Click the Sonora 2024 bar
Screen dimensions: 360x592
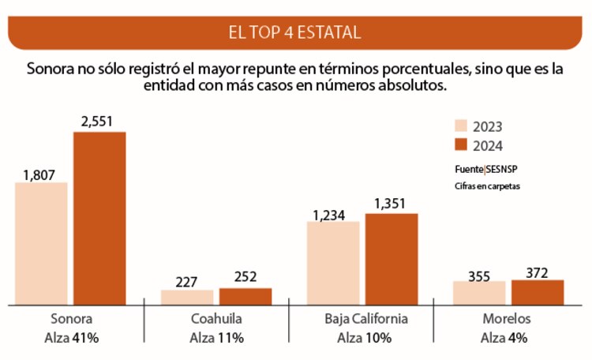pyautogui.click(x=99, y=218)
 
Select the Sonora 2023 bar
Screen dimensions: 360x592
pyautogui.click(x=41, y=243)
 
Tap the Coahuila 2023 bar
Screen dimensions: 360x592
pyautogui.click(x=187, y=297)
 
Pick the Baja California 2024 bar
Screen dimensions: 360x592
pyautogui.click(x=391, y=259)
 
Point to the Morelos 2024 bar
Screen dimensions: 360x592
pyautogui.click(x=538, y=292)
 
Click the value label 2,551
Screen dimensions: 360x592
pyautogui.click(x=100, y=122)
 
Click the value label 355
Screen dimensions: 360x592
pyautogui.click(x=479, y=276)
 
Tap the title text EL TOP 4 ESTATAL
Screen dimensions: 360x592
pyautogui.click(x=294, y=32)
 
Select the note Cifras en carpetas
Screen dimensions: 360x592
pyautogui.click(x=487, y=186)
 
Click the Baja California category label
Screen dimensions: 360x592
pyautogui.click(x=365, y=320)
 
